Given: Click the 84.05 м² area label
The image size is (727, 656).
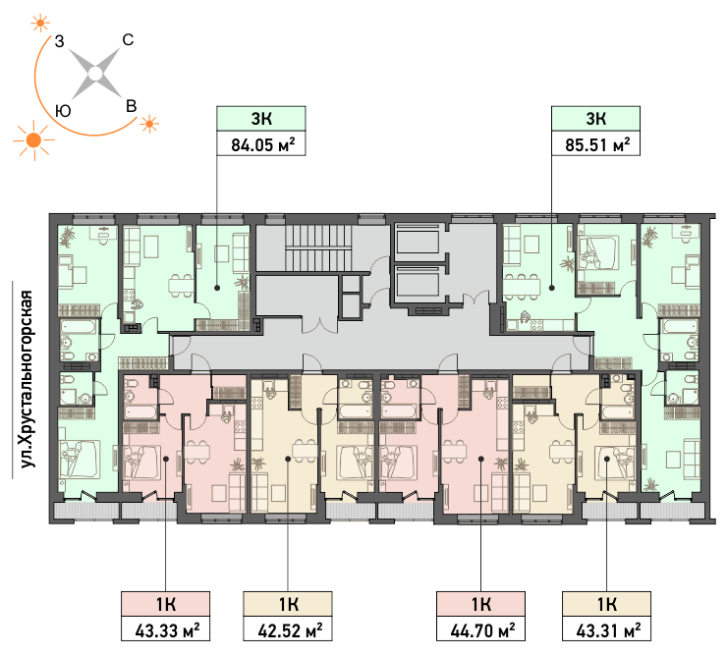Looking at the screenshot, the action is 263,144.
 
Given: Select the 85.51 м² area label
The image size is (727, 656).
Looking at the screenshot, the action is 597,144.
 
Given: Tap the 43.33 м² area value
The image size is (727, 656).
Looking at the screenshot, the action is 167,630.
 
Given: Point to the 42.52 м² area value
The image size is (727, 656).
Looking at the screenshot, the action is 290,630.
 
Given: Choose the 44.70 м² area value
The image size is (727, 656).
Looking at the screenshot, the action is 482,630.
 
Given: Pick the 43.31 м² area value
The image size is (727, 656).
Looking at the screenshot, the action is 608,630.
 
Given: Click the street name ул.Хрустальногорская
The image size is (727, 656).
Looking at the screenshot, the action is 28,379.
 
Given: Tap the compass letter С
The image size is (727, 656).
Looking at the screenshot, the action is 128,40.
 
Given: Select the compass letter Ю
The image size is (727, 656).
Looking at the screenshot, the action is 63,111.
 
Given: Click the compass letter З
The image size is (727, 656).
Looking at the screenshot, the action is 59,41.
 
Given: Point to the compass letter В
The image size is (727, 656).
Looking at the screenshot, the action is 132,106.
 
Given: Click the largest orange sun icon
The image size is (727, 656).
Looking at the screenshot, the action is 33,140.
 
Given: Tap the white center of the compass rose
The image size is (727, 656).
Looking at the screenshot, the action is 95,74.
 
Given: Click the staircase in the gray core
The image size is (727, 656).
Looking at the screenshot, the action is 315,248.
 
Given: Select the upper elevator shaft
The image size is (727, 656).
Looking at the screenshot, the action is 418,240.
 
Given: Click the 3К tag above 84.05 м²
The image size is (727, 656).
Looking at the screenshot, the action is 261,118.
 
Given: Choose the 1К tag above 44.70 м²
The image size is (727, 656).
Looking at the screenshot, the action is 480,604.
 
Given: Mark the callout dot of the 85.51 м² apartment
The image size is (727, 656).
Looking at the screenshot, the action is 552,288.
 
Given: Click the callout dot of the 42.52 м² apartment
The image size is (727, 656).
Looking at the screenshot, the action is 288,459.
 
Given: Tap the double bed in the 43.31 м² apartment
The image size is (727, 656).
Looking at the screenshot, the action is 615,463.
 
